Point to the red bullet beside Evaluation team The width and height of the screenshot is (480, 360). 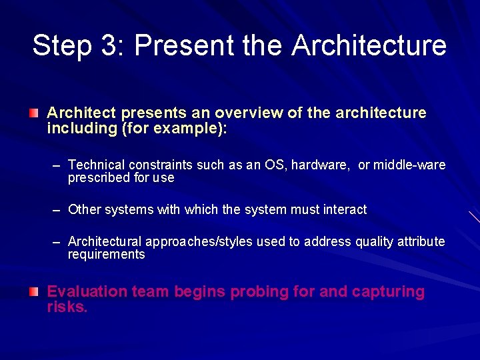(33, 292)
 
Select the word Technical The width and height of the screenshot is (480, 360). (96, 165)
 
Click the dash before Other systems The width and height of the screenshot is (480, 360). (57, 210)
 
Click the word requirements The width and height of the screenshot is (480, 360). (106, 255)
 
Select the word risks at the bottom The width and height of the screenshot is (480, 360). (67, 307)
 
